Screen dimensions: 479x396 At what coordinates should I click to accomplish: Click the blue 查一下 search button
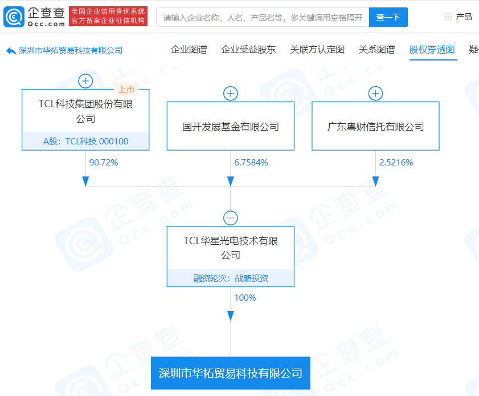coord(388,17)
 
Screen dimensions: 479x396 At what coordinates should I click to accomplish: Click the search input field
coord(263,17)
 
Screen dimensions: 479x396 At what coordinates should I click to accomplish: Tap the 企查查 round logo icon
coord(14,17)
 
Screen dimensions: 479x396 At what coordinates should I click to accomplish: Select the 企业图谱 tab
coord(189,50)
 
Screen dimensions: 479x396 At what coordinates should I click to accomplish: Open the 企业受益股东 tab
coord(248,50)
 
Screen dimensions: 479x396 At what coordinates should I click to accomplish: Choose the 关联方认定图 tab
coord(317,50)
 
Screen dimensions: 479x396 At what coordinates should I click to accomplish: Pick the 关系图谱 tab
coord(376,50)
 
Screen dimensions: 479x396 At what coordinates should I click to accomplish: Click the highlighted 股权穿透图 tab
coord(432,50)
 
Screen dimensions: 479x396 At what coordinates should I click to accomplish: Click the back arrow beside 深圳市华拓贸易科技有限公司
coord(11,51)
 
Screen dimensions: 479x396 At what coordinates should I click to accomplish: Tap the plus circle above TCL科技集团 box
coord(85,81)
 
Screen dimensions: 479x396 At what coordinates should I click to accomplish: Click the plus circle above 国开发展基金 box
coord(231,94)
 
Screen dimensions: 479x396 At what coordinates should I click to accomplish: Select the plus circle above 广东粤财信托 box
coord(375,94)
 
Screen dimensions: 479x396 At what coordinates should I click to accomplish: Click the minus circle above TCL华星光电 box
coord(231,218)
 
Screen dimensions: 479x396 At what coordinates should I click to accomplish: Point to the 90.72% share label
coord(104,163)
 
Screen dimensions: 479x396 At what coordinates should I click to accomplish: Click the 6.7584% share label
coord(251,163)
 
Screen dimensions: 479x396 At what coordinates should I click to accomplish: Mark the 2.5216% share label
coord(396,163)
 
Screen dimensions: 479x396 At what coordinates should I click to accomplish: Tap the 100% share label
coord(245,298)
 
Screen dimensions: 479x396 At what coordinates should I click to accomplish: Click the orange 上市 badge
coord(126,90)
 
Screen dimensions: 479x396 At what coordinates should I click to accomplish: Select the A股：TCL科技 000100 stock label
coord(85,142)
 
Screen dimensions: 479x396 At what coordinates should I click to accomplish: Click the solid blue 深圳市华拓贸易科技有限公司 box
coord(231,373)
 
